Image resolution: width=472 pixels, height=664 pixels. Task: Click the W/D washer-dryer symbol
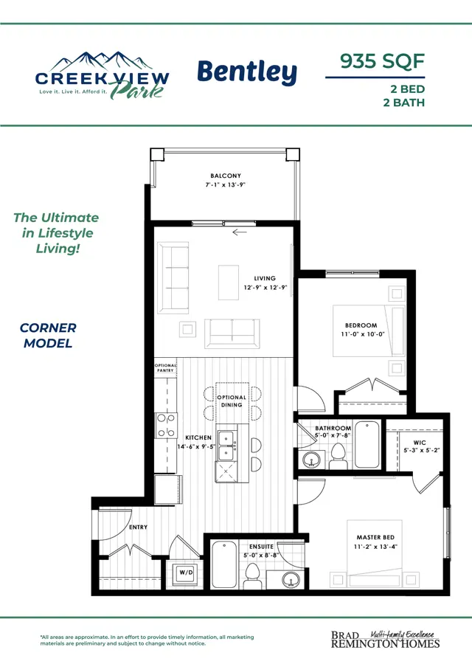coord(186,573)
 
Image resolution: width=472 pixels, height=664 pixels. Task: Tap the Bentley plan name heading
coord(247,73)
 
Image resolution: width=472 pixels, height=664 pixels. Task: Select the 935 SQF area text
coord(382,61)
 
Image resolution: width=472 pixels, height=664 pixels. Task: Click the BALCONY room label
coord(226,176)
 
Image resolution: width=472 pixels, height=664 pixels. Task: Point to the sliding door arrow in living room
coord(240,232)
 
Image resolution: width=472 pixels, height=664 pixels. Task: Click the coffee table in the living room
coord(229,283)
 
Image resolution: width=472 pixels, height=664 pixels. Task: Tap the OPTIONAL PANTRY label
coord(165,367)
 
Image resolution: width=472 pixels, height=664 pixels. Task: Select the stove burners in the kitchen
coord(166,425)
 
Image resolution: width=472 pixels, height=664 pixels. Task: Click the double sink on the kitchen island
coord(226,446)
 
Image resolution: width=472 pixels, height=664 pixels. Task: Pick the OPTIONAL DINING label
coord(232,401)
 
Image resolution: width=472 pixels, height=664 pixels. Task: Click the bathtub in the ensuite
coord(224,564)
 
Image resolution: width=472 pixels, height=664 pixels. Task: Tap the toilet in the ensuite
coord(253,575)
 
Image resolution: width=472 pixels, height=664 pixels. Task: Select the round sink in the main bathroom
coord(313,460)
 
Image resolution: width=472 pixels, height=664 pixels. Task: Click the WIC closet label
coord(420,443)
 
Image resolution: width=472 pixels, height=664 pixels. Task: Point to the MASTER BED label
coord(375,537)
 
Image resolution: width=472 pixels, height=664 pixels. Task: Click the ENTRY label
coord(139,528)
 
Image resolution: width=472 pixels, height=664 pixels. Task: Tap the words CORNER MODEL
coord(48,336)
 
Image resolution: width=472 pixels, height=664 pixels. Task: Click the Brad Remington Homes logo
coord(385,640)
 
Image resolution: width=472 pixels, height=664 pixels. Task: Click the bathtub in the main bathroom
coord(367,444)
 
